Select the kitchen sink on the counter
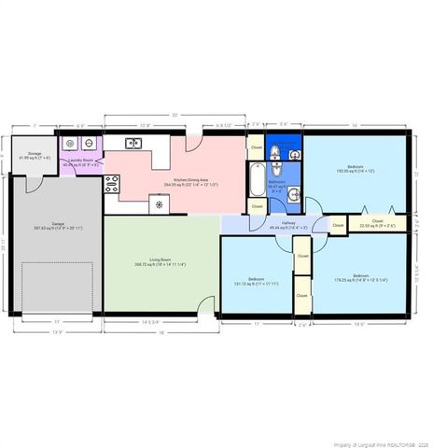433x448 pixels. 133,144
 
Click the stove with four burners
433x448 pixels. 112,182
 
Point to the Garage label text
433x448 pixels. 58,226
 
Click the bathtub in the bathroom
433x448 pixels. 256,178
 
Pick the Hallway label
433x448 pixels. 283,225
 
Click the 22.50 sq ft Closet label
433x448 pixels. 377,223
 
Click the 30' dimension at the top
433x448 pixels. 174,115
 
